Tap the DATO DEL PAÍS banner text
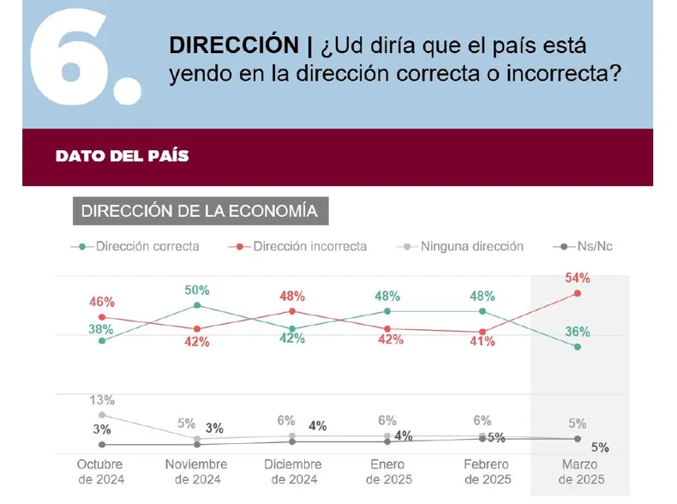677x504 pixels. pyautogui.click(x=122, y=157)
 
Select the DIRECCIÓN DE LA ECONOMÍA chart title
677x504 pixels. pyautogui.click(x=199, y=211)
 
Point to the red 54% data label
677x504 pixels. pyautogui.click(x=577, y=279)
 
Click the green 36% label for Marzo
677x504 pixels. pyautogui.click(x=577, y=332)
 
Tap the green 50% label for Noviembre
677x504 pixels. pyautogui.click(x=198, y=290)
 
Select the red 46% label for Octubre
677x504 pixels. pyautogui.click(x=101, y=302)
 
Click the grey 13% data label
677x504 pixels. pyautogui.click(x=101, y=399)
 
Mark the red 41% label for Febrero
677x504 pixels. pyautogui.click(x=482, y=342)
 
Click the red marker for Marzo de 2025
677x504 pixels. pyautogui.click(x=577, y=293)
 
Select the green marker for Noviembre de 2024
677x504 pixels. pyautogui.click(x=198, y=305)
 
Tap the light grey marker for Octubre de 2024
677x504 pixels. pyautogui.click(x=103, y=415)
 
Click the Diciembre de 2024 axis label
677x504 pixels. pyautogui.click(x=292, y=471)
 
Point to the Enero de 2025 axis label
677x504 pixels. pyautogui.click(x=387, y=471)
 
